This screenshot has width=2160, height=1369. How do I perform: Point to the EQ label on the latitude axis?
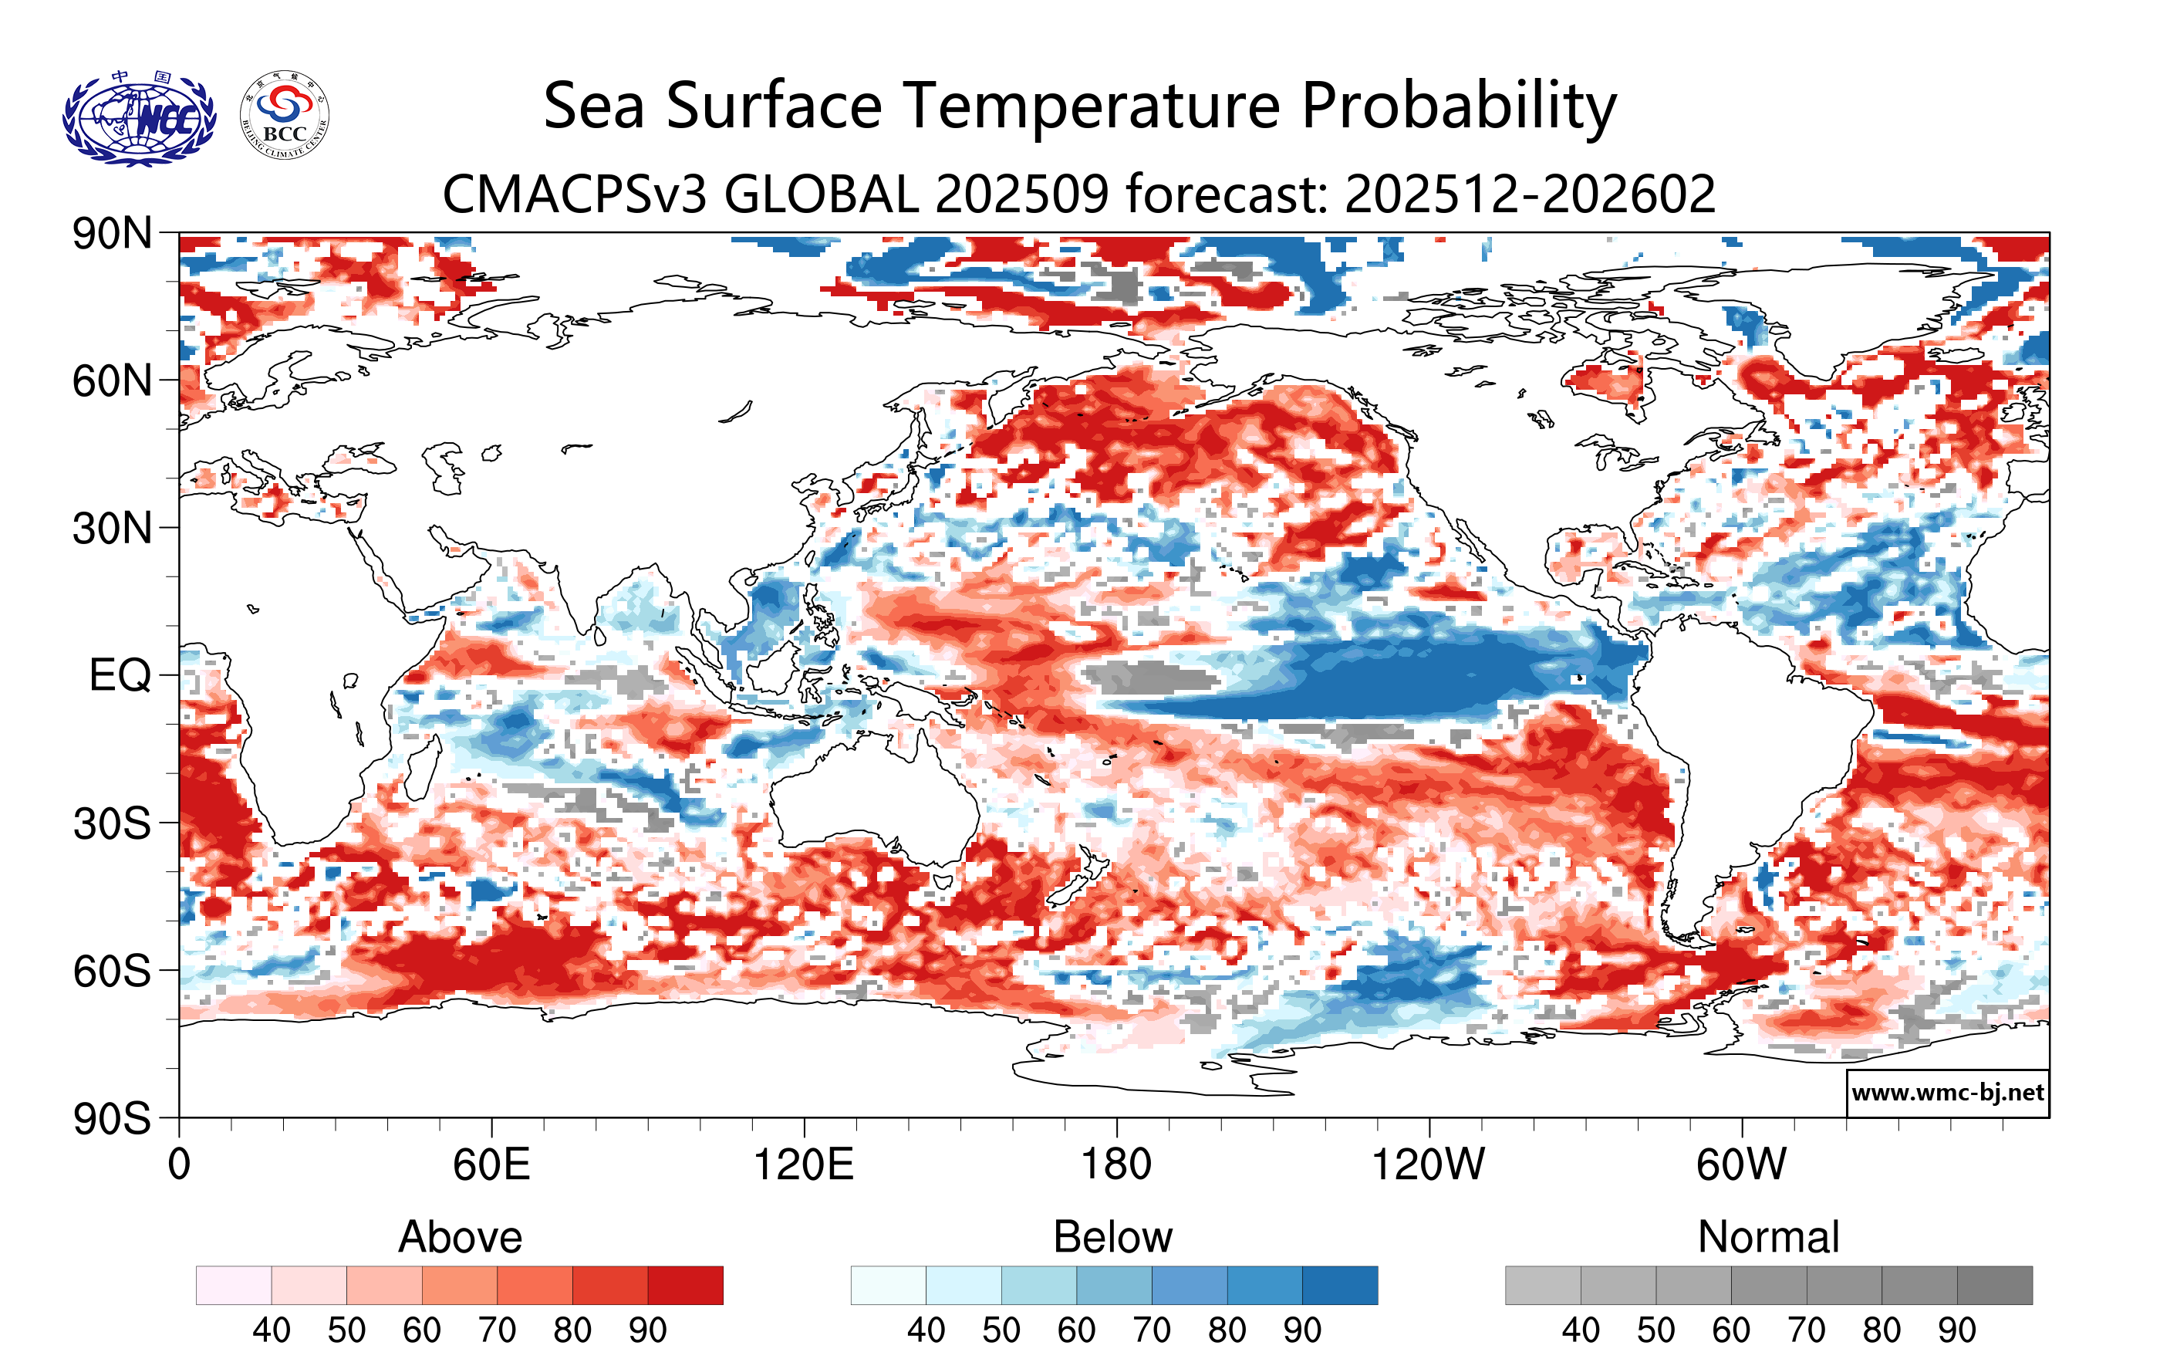(x=120, y=675)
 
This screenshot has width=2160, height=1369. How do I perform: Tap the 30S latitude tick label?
(x=112, y=823)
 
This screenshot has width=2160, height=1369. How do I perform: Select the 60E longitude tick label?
(x=491, y=1164)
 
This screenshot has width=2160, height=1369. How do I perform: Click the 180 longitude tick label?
(x=1116, y=1164)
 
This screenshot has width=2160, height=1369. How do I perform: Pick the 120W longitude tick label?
(x=1428, y=1164)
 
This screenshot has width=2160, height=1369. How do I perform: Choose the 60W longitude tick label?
(x=1741, y=1164)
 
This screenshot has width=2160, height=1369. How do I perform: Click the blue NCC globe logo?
(x=139, y=118)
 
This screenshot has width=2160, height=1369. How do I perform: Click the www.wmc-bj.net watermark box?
(x=1947, y=1093)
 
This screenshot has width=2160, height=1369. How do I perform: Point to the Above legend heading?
(x=461, y=1237)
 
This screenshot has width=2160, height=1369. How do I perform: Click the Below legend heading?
(x=1112, y=1237)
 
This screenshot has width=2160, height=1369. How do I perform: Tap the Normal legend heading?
(x=1768, y=1237)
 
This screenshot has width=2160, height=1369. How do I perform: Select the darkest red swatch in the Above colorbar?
(x=685, y=1285)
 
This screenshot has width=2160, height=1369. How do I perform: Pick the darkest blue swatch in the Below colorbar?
(x=1339, y=1285)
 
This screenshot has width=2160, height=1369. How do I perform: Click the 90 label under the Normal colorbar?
(x=1956, y=1330)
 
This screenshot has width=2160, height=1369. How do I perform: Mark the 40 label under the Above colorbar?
(x=271, y=1330)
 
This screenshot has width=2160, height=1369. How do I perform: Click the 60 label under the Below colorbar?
(x=1075, y=1330)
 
